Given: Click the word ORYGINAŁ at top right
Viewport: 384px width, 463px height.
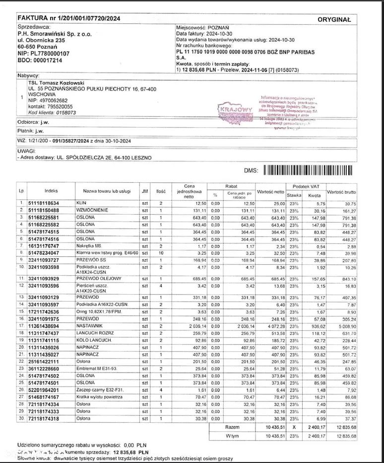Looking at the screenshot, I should [334, 20].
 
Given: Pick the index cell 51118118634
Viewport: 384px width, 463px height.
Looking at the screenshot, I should [44, 203].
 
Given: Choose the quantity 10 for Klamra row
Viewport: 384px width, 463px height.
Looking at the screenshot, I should [161, 253].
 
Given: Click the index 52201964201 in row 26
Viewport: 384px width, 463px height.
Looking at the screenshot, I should [44, 390].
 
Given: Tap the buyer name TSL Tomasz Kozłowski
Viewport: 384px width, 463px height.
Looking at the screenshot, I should [56, 82].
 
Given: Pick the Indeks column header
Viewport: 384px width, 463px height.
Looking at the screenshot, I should [51, 191].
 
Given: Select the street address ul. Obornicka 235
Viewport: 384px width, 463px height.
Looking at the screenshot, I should [41, 40].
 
